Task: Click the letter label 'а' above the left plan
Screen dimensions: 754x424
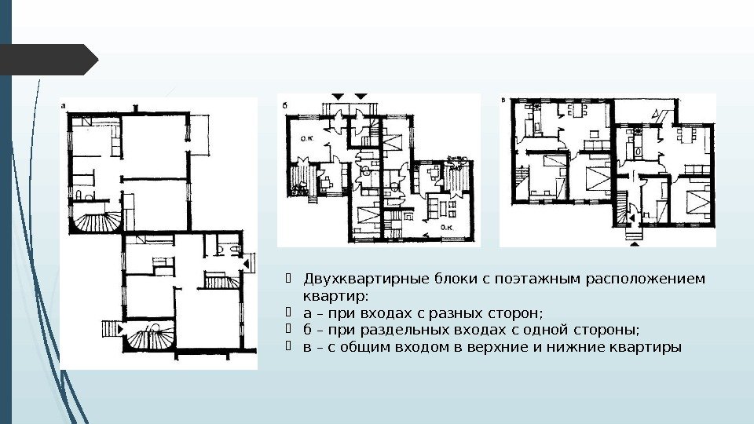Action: (64, 106)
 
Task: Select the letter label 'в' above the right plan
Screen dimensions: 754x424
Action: (503, 101)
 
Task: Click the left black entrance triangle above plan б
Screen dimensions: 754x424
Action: (339, 97)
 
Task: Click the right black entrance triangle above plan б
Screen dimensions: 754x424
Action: (361, 97)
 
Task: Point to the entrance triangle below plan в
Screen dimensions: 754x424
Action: (635, 243)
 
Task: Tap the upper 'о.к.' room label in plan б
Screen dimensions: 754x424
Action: (307, 138)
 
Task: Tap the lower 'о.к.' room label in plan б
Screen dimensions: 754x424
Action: (447, 227)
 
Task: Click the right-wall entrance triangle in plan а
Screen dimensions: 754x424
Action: (246, 264)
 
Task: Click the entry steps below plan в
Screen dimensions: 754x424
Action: (635, 234)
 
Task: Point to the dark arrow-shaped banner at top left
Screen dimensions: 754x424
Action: (49, 60)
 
